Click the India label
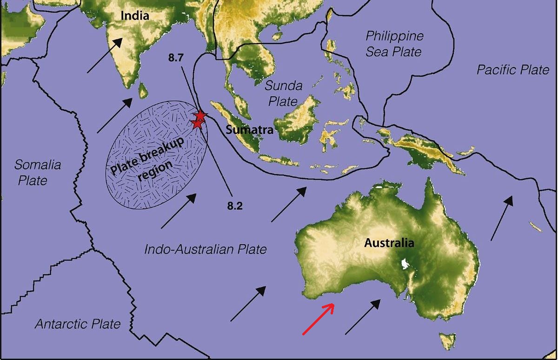click(135, 16)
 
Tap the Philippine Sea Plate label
click(394, 43)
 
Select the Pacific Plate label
click(513, 70)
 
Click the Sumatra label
click(249, 131)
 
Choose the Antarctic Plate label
click(78, 324)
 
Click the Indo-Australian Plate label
click(206, 249)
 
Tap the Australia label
click(389, 243)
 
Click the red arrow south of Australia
click(318, 319)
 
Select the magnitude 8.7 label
click(177, 59)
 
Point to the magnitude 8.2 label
click(235, 206)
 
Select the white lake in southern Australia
click(405, 264)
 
